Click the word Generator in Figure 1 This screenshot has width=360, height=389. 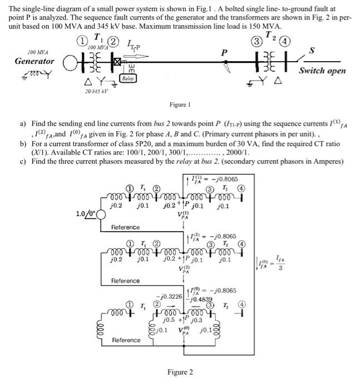tap(34, 61)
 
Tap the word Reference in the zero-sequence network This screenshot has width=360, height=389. tap(126, 340)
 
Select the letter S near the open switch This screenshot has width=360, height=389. tap(327, 50)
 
